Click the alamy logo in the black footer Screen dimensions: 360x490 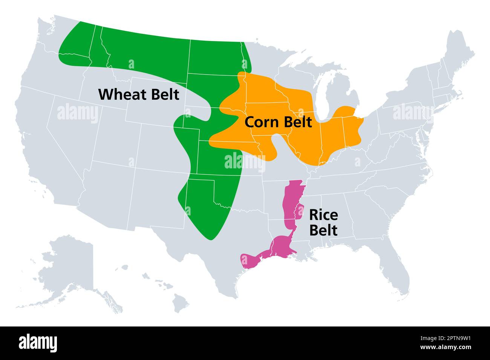(x=38, y=343)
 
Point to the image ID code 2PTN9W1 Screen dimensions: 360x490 (x=447, y=338)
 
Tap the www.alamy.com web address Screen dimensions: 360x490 (x=447, y=348)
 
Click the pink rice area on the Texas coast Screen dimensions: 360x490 (x=251, y=261)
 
